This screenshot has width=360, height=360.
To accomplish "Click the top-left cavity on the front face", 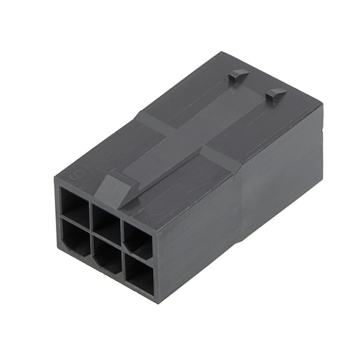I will (76, 207).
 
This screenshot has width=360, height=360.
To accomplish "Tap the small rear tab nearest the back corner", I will (238, 76).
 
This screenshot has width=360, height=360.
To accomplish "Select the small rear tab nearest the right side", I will (275, 94).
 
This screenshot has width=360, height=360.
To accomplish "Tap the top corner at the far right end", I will (322, 106).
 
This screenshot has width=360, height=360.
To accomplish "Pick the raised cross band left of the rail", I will (150, 123).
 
